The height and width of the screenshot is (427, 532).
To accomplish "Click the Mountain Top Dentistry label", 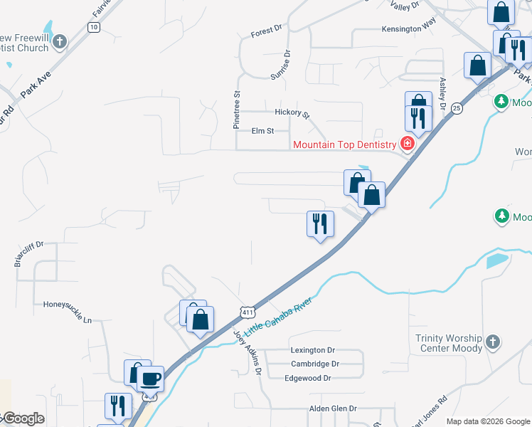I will click(x=346, y=145).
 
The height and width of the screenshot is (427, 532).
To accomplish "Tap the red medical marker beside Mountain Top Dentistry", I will click(x=408, y=144).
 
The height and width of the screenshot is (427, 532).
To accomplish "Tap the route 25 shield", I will click(x=457, y=108).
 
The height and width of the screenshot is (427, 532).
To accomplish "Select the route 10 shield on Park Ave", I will click(x=93, y=26).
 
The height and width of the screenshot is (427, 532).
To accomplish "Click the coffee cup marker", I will click(x=150, y=379).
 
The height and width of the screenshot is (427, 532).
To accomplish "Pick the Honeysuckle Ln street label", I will click(x=68, y=312).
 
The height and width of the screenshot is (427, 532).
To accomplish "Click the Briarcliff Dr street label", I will click(x=28, y=254).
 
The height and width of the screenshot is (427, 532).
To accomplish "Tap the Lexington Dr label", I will click(x=312, y=350).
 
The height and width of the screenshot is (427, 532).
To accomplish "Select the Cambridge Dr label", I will click(x=315, y=364).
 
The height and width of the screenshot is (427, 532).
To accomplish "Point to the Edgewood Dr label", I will click(x=308, y=378).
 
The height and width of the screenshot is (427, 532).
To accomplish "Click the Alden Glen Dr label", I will click(x=332, y=408).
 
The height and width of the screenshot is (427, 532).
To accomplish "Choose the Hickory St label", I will click(x=293, y=112).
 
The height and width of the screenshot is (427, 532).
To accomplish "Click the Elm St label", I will click(x=262, y=130).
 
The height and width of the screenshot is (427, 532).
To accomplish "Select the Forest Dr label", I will click(x=267, y=33).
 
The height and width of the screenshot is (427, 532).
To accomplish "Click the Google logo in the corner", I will click(x=23, y=418).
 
